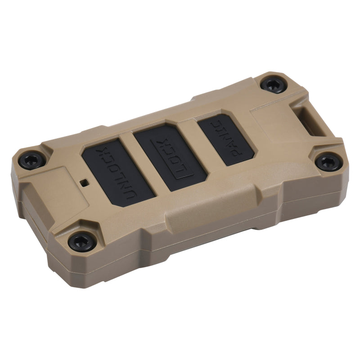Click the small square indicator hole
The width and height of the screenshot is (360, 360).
click(x=84, y=182)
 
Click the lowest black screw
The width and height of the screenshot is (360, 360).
click(x=82, y=242)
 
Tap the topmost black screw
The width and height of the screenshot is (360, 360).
click(x=273, y=85)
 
